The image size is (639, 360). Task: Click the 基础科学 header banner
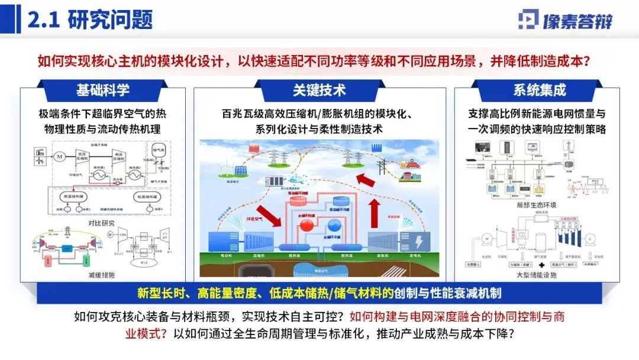click(x=102, y=90)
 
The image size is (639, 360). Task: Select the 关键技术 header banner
click(x=319, y=90)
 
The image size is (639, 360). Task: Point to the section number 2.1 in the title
click(x=44, y=20)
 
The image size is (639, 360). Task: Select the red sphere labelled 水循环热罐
click(x=307, y=226)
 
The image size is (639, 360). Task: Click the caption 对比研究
click(x=104, y=223)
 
